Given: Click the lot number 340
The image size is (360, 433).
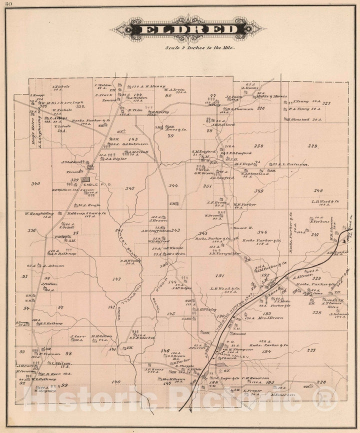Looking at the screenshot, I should tap(35, 184).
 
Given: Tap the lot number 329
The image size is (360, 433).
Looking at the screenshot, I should tap(312, 146).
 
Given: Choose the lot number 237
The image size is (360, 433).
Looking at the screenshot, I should tap(312, 349).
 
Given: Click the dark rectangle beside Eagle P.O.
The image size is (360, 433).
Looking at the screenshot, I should tap(86, 179).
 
